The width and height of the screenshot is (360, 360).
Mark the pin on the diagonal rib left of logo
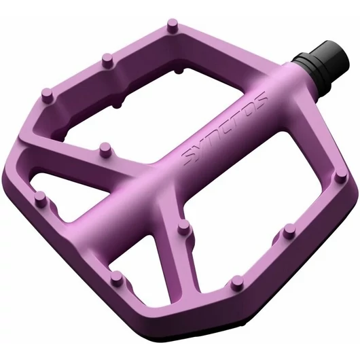[103, 148]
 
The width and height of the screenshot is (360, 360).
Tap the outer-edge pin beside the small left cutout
[40, 198]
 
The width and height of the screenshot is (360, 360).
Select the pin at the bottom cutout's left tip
[117, 277]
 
